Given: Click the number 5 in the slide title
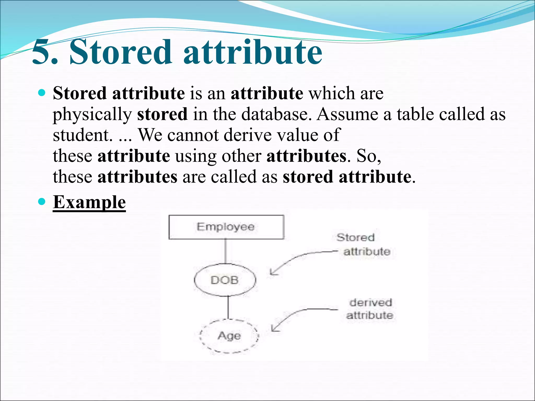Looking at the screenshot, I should tap(42, 52).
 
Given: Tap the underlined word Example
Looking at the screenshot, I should tap(89, 202).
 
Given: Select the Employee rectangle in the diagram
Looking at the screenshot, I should tap(226, 227).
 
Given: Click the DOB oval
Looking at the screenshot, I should tap(225, 280).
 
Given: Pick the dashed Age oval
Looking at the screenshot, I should tap(229, 336).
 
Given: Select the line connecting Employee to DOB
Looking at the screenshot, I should tap(226, 251).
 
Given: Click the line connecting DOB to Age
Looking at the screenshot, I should tap(228, 307).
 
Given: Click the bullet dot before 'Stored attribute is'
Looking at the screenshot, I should tap(42, 93).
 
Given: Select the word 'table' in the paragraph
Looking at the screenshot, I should tap(415, 114).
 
